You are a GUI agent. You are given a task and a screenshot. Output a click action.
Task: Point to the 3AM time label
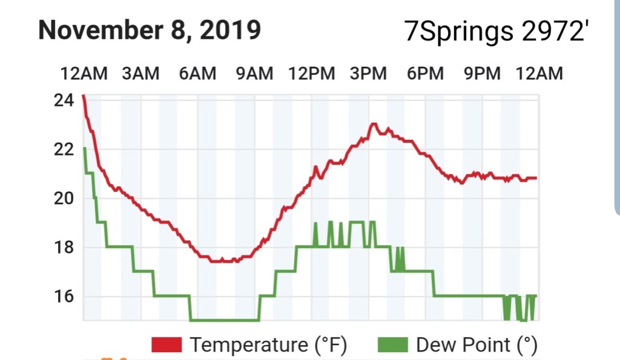pyautogui.click(x=140, y=74)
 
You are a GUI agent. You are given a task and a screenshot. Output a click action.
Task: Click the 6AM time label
pyautogui.click(x=197, y=74)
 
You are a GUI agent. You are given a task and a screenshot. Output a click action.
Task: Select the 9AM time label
pyautogui.click(x=254, y=74)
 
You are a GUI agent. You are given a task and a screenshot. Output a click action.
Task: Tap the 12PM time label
pyautogui.click(x=311, y=74)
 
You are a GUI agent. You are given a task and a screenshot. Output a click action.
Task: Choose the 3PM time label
pyautogui.click(x=368, y=74)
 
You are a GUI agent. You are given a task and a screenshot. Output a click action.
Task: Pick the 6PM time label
pyautogui.click(x=425, y=74)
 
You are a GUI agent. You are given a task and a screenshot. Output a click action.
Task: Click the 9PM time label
pyautogui.click(x=482, y=74)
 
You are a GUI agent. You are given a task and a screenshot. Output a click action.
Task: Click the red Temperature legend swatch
pyautogui.click(x=167, y=345)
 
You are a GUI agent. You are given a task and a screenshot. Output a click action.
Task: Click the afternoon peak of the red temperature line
pyautogui.click(x=374, y=124)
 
